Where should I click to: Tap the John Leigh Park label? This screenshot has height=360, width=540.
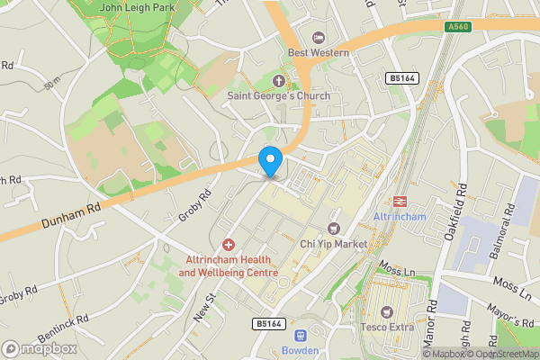pos(137,6)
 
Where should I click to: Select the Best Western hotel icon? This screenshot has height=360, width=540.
pos(317,37)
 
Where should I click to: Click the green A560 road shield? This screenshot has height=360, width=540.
pos(459,28)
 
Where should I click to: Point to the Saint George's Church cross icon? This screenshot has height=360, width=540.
pos(279,80)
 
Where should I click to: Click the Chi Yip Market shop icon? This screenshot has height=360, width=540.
pos(334,229)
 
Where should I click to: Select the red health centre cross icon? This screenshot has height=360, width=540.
pos(228,245)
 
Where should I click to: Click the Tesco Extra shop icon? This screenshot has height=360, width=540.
pos(387,311)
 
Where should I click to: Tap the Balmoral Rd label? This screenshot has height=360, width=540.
pos(507,229)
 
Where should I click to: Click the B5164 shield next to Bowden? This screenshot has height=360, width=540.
pos(268,322)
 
